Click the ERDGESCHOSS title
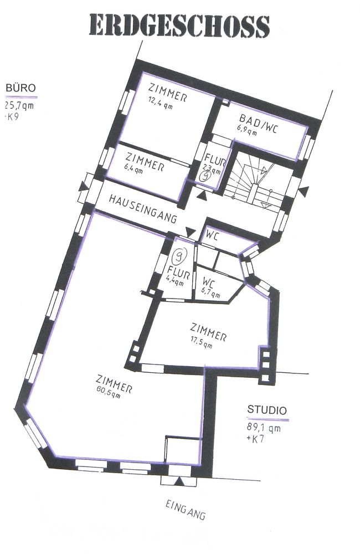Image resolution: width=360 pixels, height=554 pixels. pos(179,25)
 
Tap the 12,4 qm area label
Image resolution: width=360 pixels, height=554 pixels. pos(161,103)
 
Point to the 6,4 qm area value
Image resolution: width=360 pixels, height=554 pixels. pos(133,168)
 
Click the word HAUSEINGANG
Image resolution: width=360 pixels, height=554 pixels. pos(142,208)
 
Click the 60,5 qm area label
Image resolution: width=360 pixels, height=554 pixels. pos(108,393)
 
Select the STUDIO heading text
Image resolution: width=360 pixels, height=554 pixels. pos(267,410)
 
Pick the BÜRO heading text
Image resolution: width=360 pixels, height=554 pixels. pos(20,88)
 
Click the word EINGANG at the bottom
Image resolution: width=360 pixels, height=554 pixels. pos(186,510)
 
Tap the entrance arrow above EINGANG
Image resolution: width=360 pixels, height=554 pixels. pos(179,480)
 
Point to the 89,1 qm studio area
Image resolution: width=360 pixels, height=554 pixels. pos(264,428)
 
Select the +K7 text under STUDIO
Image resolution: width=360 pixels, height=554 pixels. pos(255,439)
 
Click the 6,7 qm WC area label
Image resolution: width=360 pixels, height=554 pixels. pos(211,294)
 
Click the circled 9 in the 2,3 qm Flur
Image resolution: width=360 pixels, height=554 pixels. pos(205,176)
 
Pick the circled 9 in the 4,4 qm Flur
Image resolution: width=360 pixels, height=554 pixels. pos(180,255)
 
